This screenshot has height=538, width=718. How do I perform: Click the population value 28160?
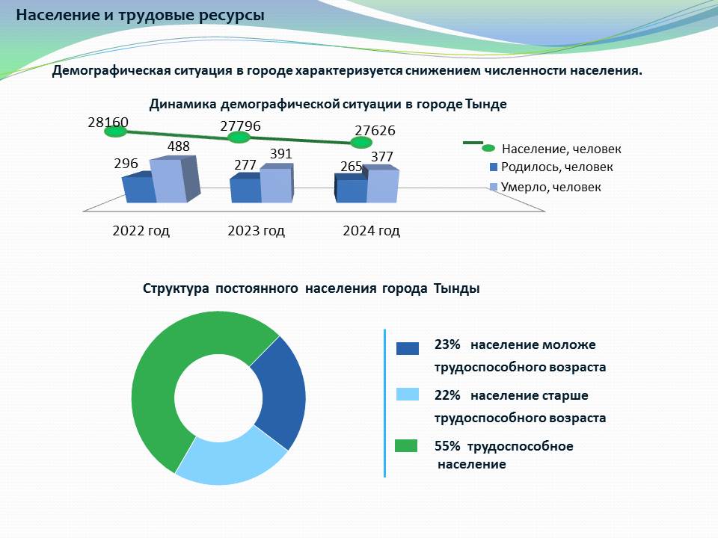tap(108, 122)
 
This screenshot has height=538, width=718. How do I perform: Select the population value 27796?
tap(240, 126)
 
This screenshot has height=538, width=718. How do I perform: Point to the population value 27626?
tap(375, 131)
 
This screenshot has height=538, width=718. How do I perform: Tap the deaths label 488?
tap(178, 147)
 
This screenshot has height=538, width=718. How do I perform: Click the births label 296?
tap(126, 163)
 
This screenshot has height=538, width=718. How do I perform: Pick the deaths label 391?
tap(280, 154)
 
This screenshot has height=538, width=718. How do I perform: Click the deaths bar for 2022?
tap(168, 181)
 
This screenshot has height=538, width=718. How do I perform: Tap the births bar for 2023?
tap(245, 190)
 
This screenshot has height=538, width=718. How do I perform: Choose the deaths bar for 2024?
tap(383, 186)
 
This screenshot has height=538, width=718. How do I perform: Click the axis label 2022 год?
tap(141, 231)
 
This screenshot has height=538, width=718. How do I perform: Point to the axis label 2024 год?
tap(371, 231)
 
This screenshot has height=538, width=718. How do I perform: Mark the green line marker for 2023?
tap(238, 137)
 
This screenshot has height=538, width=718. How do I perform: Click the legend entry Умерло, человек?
tap(550, 187)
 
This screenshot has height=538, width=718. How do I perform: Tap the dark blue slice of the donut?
tap(278, 392)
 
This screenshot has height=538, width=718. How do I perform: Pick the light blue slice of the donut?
tap(228, 457)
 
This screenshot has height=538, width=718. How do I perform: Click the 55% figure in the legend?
tap(447, 446)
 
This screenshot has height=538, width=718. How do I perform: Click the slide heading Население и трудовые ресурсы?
tap(140, 15)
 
